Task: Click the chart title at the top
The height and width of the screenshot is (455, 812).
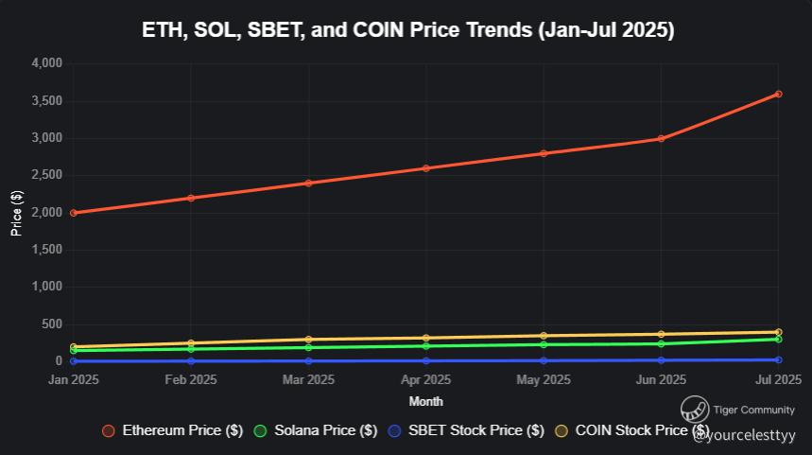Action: (407, 30)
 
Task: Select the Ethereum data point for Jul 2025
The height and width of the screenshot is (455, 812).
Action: (778, 94)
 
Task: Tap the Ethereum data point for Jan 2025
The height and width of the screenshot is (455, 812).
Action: (74, 213)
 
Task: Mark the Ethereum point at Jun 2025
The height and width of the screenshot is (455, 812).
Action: (661, 139)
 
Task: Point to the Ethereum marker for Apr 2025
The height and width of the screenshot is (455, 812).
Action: (426, 168)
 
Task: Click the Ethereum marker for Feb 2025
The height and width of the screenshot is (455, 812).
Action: (191, 198)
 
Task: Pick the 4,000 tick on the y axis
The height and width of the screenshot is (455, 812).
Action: (46, 63)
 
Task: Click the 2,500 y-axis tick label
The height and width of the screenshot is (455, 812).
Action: (46, 175)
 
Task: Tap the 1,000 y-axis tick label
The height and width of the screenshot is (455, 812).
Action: (46, 287)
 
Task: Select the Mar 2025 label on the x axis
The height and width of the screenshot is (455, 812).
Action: (308, 380)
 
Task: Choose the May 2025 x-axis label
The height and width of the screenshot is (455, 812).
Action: (544, 380)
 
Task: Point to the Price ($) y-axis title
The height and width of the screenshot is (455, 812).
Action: (16, 212)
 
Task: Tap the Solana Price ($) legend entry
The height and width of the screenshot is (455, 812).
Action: (317, 430)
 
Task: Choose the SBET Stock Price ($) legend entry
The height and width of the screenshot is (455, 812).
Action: (467, 430)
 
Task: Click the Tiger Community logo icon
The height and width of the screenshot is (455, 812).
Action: (695, 410)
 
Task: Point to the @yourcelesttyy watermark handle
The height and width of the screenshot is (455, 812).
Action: (744, 436)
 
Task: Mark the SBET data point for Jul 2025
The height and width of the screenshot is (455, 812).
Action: (778, 359)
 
